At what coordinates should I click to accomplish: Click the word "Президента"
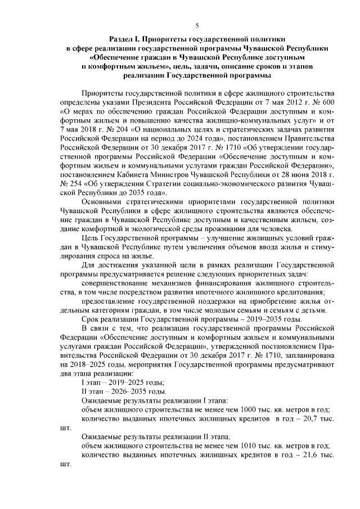coord(154,102)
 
